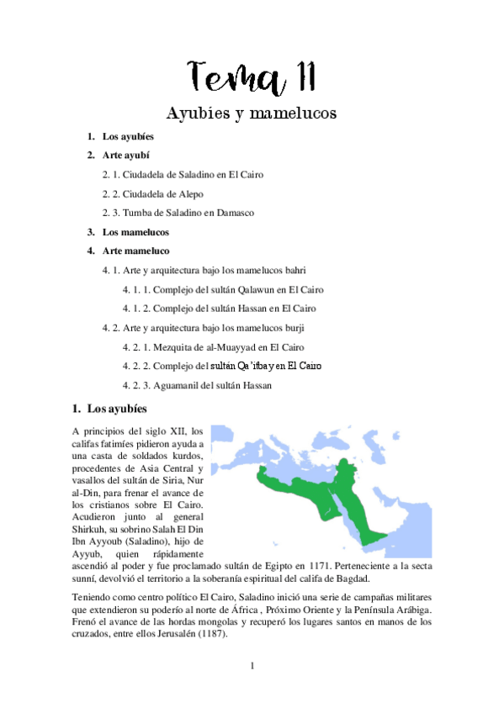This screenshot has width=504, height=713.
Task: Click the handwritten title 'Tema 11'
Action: (252, 77)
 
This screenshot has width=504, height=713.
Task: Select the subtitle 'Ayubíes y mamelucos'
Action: (252, 113)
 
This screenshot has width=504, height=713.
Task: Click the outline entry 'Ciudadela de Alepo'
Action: (152, 194)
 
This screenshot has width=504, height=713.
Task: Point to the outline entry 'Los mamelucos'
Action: (135, 232)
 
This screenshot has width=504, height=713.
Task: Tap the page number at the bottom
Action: (252, 666)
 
